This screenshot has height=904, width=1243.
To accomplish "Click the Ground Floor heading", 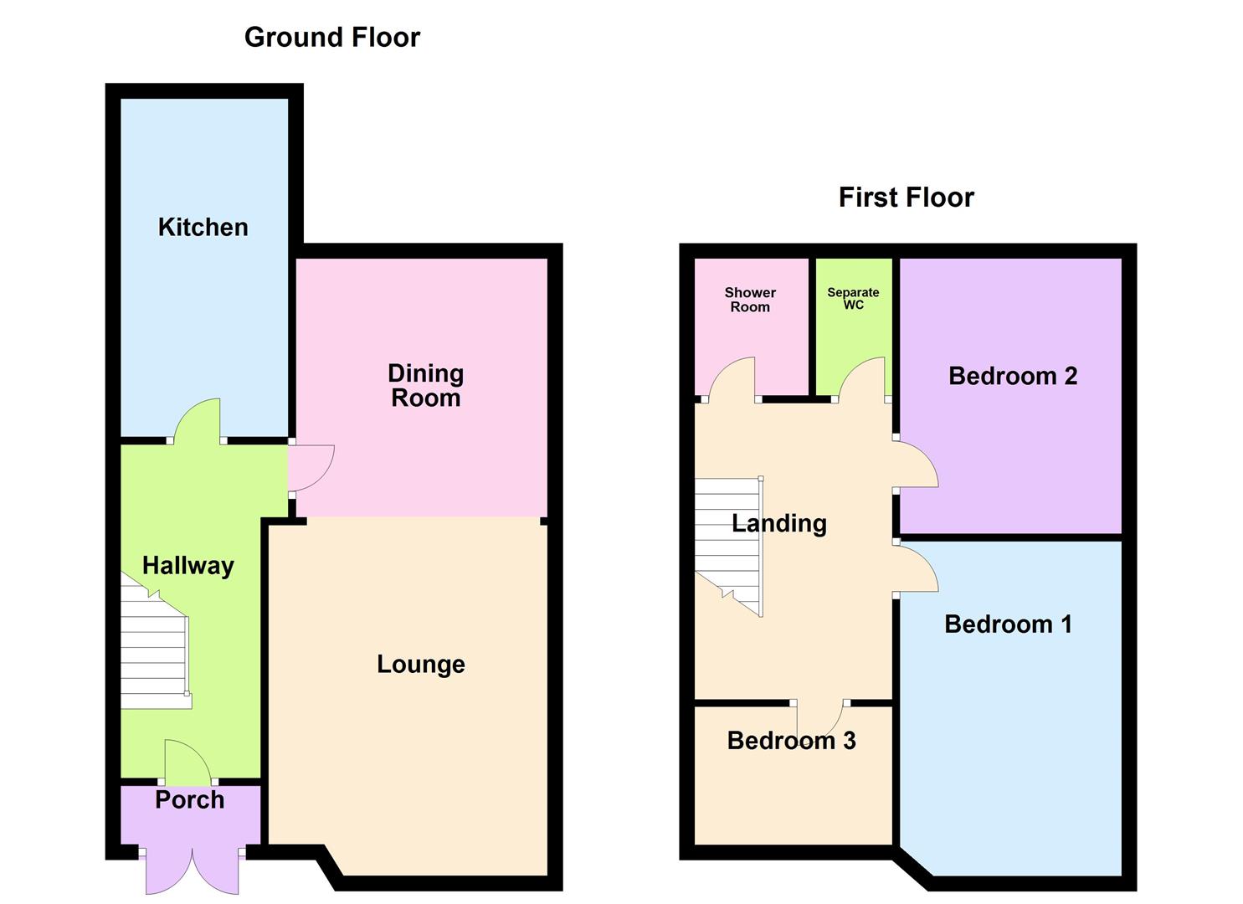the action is pos(331,38).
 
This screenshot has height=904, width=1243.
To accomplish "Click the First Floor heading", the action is pos(907,198).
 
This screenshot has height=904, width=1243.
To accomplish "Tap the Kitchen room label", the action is pos(203,228).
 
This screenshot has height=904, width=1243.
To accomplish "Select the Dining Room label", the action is pos(425,386).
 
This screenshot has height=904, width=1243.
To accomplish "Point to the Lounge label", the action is pos(421,665).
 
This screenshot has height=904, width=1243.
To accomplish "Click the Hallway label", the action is pos(188,566).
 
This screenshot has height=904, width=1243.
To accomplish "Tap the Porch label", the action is pos(190,799).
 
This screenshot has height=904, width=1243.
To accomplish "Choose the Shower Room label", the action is pos(750,300).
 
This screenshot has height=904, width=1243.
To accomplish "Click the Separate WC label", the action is pos(853,299).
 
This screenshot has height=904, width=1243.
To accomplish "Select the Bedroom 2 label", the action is pos(1013,377).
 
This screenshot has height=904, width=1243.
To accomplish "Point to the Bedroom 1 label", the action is pos(1008,624).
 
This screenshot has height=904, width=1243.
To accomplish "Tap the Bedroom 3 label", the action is pos(791,741).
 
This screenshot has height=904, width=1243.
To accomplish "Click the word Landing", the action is pos(779,523).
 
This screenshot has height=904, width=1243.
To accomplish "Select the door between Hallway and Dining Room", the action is pos(311,467).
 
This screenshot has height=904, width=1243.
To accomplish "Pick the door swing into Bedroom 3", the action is pos(820,718).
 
